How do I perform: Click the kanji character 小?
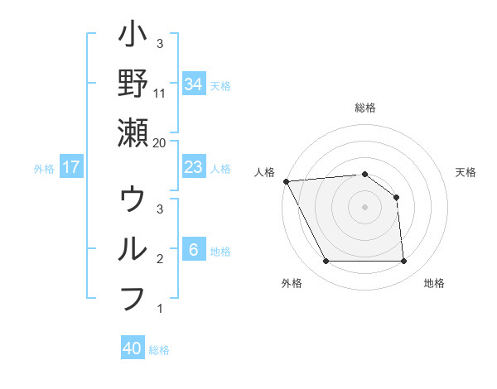pyautogui.click(x=133, y=37)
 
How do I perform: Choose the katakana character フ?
pyautogui.click(x=133, y=298)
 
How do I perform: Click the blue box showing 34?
pyautogui.click(x=194, y=84)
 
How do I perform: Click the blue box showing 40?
pyautogui.click(x=133, y=348)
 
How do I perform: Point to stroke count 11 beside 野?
pyautogui.click(x=160, y=93)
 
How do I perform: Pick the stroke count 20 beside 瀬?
pyautogui.click(x=160, y=143)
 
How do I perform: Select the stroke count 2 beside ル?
pyautogui.click(x=160, y=259)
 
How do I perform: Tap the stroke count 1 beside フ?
pyautogui.click(x=160, y=310)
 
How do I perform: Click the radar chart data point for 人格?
pyautogui.click(x=286, y=180)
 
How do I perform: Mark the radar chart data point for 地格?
pyautogui.click(x=404, y=262)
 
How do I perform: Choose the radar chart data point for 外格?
pyautogui.click(x=326, y=262)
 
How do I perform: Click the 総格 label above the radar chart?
pyautogui.click(x=365, y=108)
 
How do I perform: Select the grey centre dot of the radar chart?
pyautogui.click(x=364, y=206)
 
